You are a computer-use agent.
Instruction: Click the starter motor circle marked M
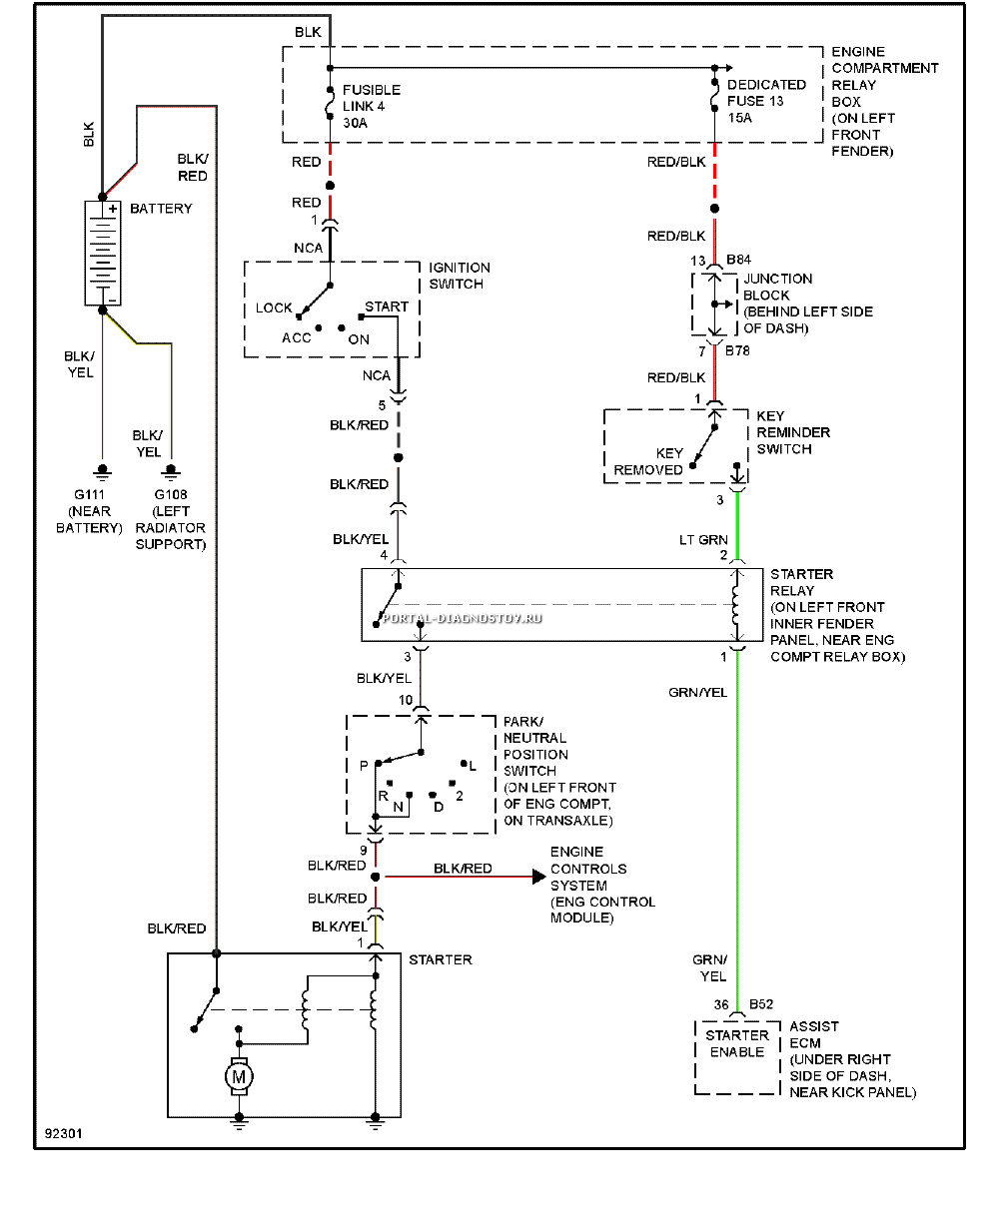(238, 1076)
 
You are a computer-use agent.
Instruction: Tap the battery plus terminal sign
(113, 208)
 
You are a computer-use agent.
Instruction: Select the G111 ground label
(89, 494)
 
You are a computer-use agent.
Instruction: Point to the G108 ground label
(171, 494)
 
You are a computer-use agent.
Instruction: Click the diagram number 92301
(64, 1133)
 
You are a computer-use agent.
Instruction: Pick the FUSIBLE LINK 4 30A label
(372, 106)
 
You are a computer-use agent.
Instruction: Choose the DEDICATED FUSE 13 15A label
(766, 101)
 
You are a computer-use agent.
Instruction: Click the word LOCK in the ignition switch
(274, 307)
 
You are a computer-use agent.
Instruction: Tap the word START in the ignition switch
(387, 307)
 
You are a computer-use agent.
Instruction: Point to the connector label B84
(738, 259)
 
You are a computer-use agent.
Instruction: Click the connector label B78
(737, 350)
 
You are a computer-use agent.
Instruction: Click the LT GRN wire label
(703, 539)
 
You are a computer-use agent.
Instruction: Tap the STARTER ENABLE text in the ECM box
(736, 1043)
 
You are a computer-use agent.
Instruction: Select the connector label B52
(761, 1003)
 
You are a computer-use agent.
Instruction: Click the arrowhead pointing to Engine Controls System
(538, 877)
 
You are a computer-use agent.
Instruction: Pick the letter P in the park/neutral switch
(364, 765)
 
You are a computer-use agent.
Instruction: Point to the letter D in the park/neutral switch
(439, 807)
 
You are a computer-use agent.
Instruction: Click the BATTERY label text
(161, 208)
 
